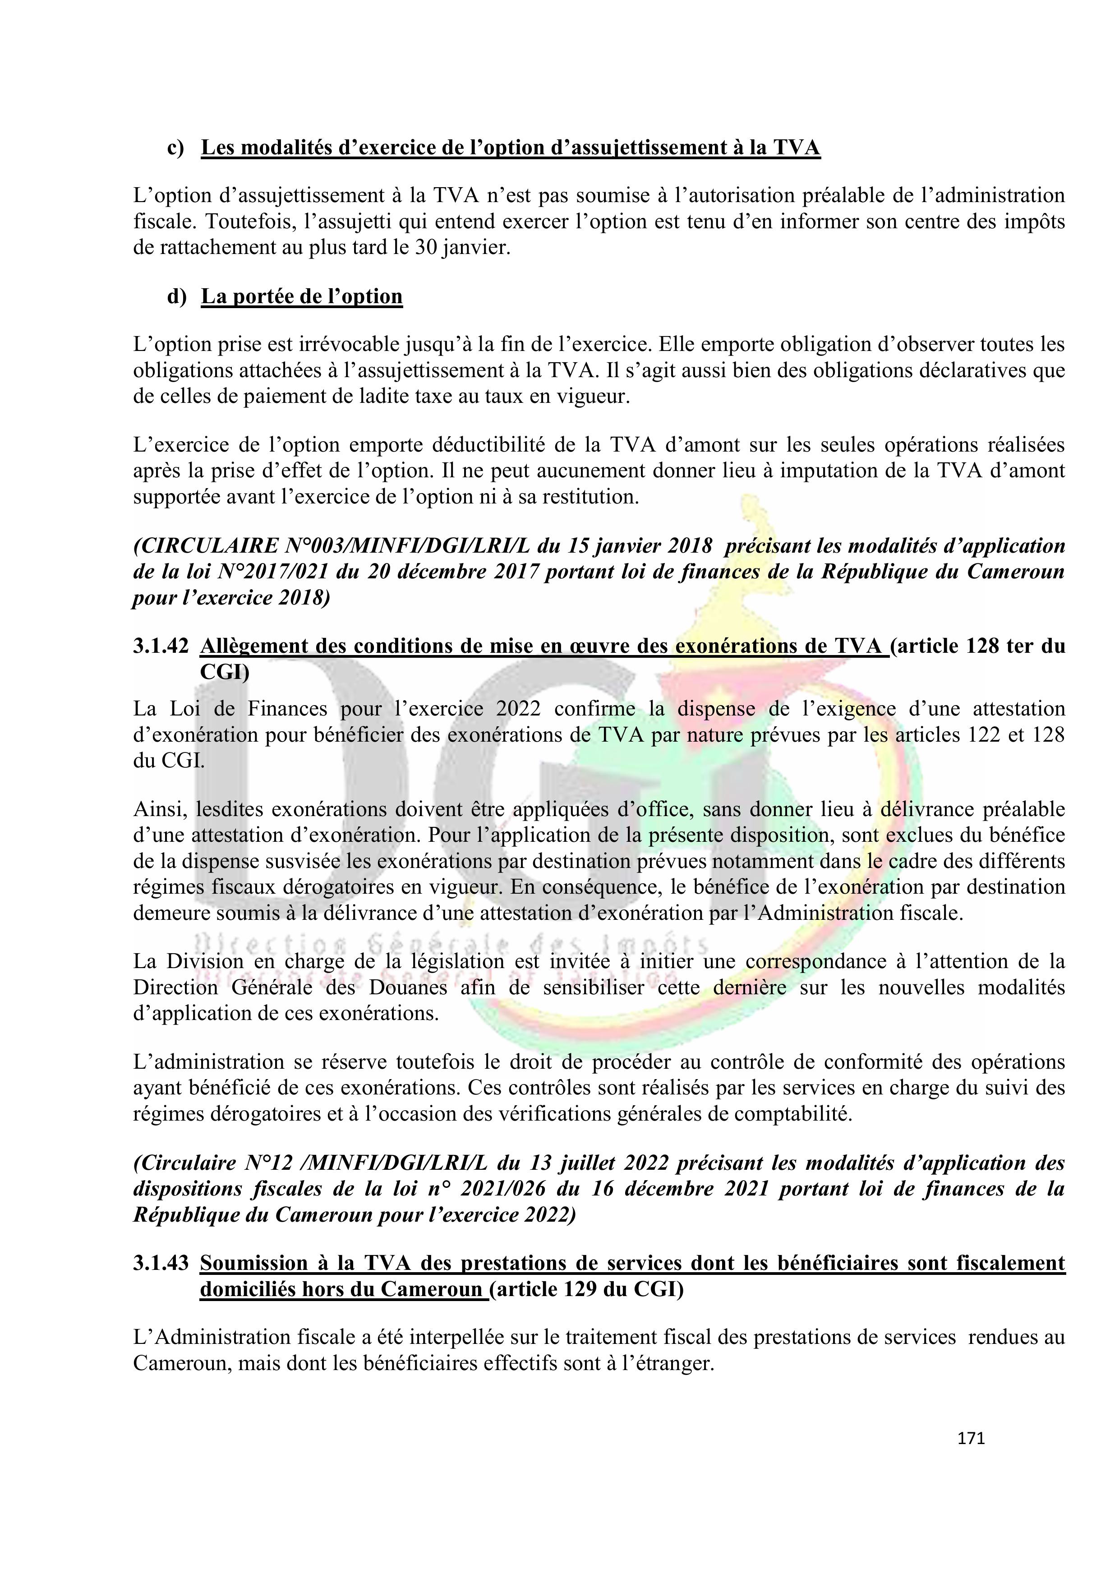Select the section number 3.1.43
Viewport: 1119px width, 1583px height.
coord(161,1263)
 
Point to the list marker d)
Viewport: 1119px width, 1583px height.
coord(176,296)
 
